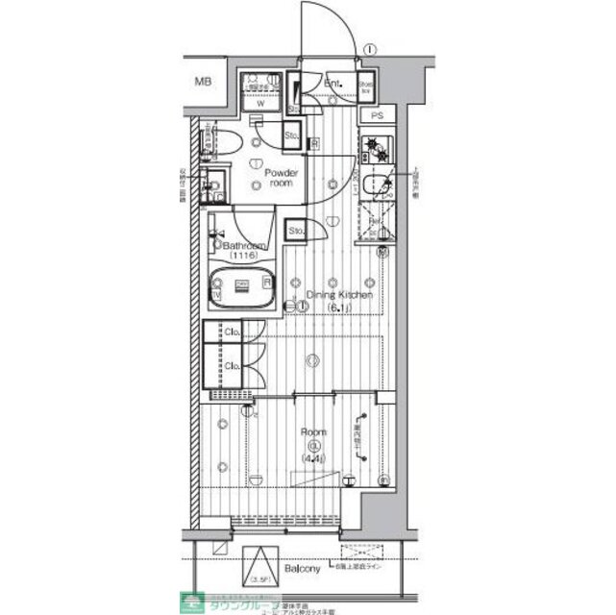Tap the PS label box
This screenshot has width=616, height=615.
377,116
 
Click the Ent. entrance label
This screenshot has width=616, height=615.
333,84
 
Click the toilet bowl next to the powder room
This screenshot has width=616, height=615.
226,143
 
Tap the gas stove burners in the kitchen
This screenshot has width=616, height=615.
374,150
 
